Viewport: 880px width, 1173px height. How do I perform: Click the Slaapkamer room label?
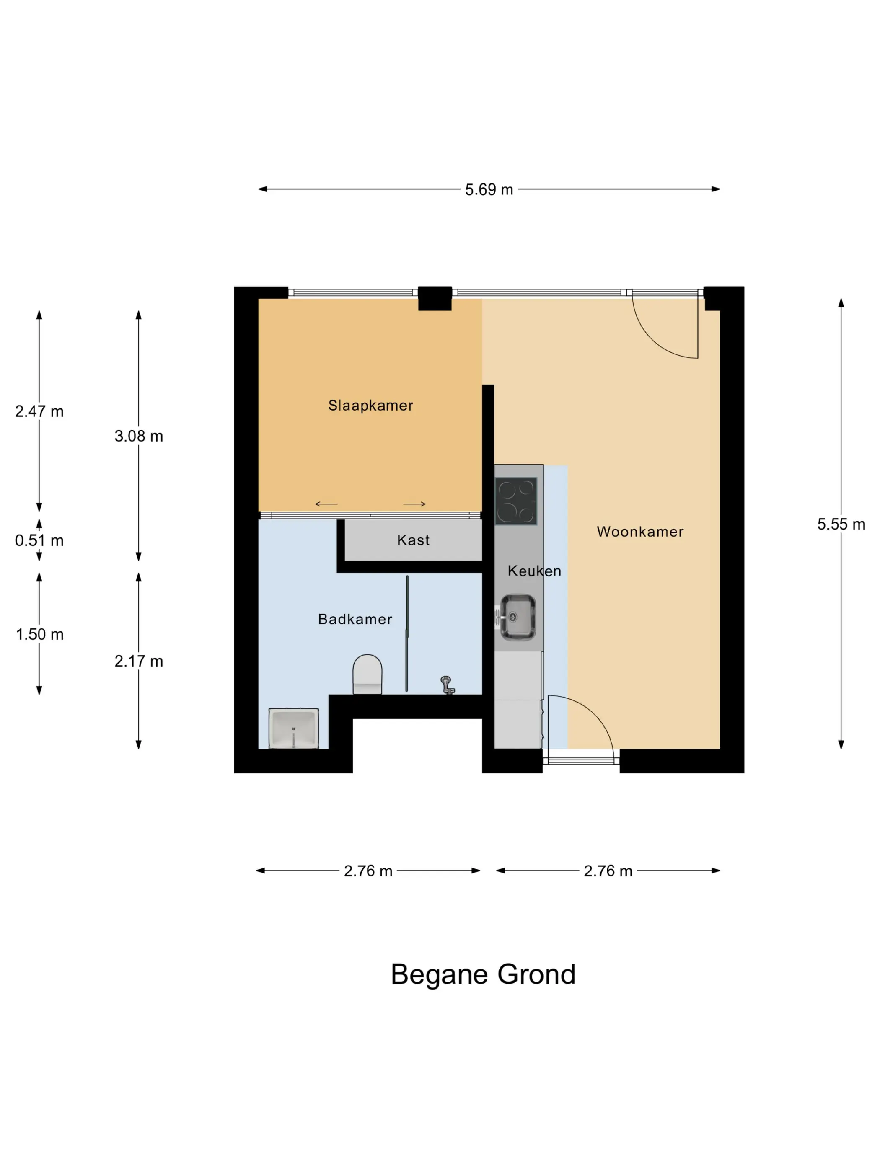click(x=370, y=406)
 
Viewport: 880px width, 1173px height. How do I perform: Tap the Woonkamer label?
click(x=640, y=532)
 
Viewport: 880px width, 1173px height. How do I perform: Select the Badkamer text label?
click(x=355, y=619)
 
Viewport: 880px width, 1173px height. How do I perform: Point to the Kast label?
click(x=413, y=540)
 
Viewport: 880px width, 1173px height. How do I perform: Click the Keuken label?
click(x=534, y=571)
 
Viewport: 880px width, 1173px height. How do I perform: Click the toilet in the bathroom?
click(x=367, y=674)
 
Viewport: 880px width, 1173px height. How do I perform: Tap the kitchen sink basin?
click(x=518, y=617)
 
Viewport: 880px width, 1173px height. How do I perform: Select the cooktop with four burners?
click(x=516, y=501)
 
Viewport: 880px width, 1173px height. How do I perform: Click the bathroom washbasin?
click(x=293, y=728)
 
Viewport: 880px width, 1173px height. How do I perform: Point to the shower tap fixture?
click(x=447, y=685)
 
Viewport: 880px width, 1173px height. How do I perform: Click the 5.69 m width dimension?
click(x=489, y=189)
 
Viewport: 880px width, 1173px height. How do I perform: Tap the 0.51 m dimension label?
click(x=39, y=540)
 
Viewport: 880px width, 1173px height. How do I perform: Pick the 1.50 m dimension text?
click(x=39, y=635)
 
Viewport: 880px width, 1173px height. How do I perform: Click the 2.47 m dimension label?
click(x=39, y=411)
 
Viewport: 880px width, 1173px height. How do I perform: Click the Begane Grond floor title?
click(x=483, y=975)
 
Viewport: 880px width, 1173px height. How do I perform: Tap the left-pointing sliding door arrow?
click(x=326, y=504)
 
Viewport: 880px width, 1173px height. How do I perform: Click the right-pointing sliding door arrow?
click(x=414, y=504)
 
